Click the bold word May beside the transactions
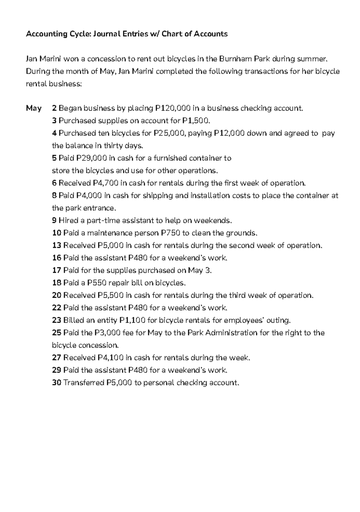(x=34, y=108)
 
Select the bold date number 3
(x=54, y=121)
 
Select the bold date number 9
(x=54, y=221)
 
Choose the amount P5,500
(x=110, y=295)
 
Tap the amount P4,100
(x=110, y=358)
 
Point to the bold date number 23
(x=56, y=320)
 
